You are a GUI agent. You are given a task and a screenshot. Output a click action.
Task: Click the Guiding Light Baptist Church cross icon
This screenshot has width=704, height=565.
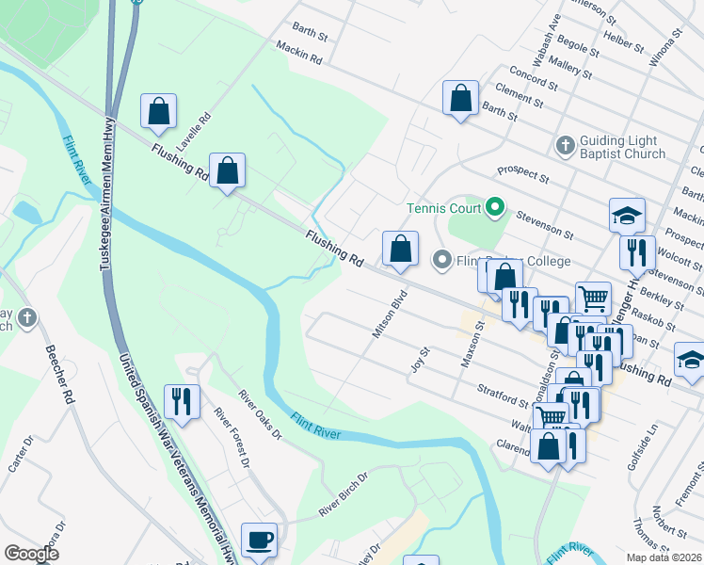coord(565,145)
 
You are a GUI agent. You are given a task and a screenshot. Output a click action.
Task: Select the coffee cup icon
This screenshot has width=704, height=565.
coord(259,541)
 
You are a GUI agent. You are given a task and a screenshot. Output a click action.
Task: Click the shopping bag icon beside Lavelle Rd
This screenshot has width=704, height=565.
coord(159,110)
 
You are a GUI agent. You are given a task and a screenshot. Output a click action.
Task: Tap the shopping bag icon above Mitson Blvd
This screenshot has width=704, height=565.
coord(400,249)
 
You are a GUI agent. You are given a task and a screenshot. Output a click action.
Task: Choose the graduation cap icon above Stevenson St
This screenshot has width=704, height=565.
coord(627,217)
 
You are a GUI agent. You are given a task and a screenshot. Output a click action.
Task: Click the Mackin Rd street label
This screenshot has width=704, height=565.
coord(299,53)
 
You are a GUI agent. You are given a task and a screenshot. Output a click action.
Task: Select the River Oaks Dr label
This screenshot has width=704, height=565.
coord(260,414)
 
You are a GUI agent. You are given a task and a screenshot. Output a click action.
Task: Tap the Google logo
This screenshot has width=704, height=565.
coord(31,553)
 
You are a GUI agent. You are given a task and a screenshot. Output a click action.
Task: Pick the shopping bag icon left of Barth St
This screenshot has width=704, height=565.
coord(460,98)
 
